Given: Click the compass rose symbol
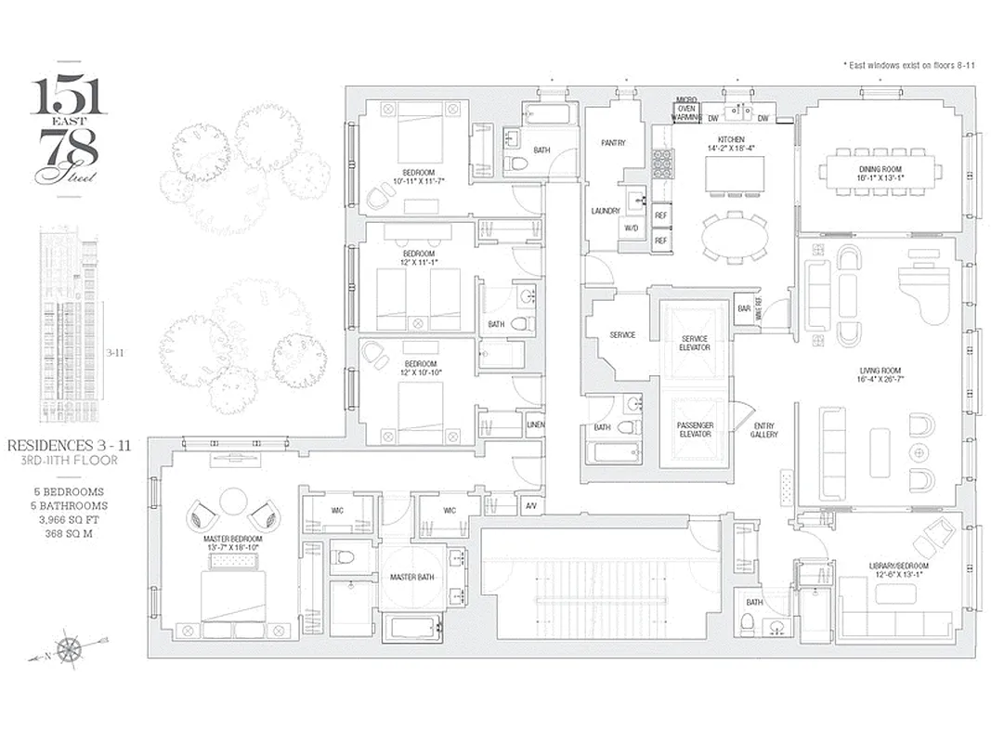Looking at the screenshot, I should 68,647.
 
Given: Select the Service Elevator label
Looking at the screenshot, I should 695,343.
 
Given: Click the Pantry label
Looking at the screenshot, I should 613,143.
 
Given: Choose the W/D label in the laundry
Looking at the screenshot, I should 631,228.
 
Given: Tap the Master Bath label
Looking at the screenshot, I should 411,578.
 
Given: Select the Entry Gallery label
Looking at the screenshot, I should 764,430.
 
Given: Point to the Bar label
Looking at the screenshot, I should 743,308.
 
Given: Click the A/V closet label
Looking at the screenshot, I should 530,506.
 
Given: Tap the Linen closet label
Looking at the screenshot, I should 535,424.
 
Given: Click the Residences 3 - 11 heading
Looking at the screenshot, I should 69,446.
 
